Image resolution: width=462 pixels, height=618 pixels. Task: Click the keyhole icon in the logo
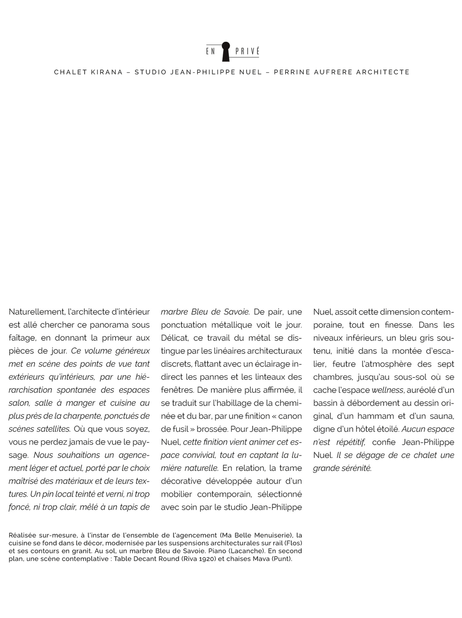pyautogui.click(x=226, y=51)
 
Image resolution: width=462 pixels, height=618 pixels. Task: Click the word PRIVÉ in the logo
pyautogui.click(x=247, y=51)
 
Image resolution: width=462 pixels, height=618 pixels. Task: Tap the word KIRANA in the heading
pyautogui.click(x=107, y=72)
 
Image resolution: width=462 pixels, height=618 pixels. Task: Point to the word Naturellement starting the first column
pyautogui.click(x=37, y=312)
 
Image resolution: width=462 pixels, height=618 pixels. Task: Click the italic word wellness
pyautogui.click(x=387, y=390)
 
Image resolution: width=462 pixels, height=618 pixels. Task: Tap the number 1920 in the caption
pyautogui.click(x=207, y=559)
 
